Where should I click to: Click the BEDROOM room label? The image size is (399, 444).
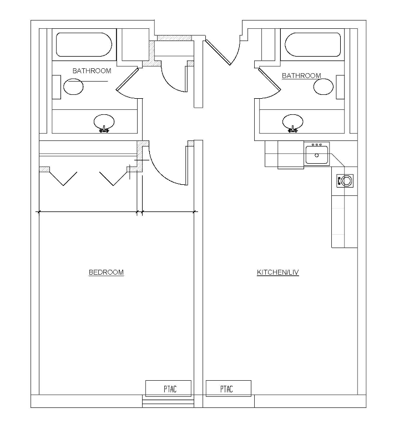(x=106, y=273)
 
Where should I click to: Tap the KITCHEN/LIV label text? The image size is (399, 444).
(x=277, y=273)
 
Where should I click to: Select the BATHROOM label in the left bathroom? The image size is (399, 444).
(x=92, y=71)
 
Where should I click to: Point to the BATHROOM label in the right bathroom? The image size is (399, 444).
(x=301, y=75)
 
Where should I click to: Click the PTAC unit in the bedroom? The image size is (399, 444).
(x=169, y=389)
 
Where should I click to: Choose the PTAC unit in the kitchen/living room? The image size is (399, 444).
(x=228, y=389)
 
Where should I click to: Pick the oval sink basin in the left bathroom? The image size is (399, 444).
(x=104, y=122)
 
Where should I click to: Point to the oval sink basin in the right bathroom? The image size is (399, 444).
(x=292, y=121)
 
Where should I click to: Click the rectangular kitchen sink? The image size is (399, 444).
(x=317, y=154)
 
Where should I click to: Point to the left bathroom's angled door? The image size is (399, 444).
(x=127, y=82)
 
